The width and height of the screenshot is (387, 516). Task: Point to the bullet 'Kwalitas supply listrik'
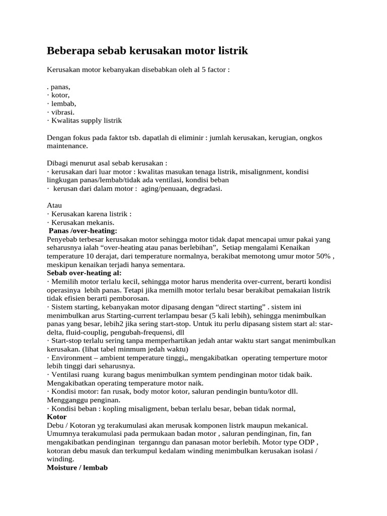tap(86, 120)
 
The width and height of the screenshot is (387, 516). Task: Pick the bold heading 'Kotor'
tap(56, 417)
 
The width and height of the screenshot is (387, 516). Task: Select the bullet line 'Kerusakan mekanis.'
tap(83, 222)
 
